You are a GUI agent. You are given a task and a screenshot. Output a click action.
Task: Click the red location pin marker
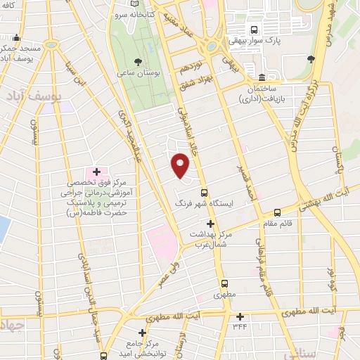coord(181,166)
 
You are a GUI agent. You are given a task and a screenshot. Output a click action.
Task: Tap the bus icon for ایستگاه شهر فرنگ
coord(205,193)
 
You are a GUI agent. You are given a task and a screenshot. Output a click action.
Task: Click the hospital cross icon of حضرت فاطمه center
coord(96,172)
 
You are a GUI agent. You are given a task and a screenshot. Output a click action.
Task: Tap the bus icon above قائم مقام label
coord(277,211)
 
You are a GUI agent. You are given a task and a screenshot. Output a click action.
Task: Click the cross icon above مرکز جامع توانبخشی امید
coord(142,333)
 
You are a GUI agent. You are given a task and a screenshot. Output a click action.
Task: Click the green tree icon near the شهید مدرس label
coord(311,59)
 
